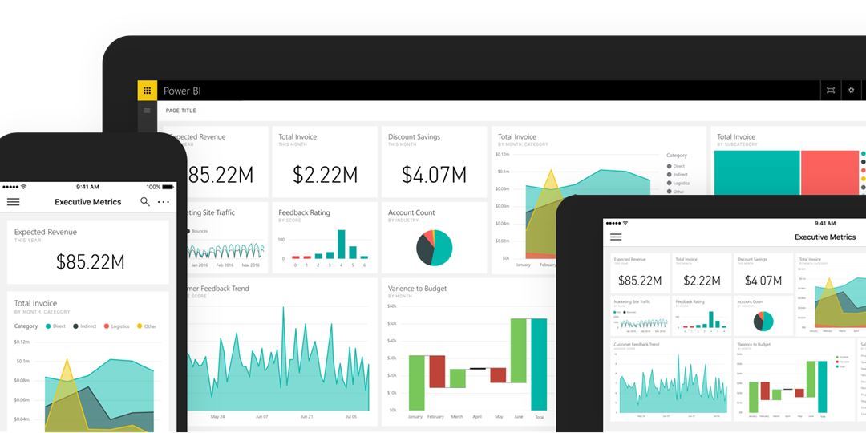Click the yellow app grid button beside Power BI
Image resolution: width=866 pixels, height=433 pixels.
[x=147, y=91]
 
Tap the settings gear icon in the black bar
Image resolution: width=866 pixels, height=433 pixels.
[x=852, y=91]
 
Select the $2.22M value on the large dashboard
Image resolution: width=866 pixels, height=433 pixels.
[x=325, y=175]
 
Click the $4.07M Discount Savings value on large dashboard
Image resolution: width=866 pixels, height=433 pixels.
[x=434, y=175]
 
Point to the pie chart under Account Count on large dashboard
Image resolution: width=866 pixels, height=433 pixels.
[x=434, y=248]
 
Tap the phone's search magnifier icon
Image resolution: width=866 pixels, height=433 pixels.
[x=145, y=202]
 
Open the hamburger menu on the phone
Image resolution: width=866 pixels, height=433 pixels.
[x=13, y=202]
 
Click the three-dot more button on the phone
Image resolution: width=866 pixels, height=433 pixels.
[x=164, y=202]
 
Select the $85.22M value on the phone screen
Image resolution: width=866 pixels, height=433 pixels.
[x=90, y=261]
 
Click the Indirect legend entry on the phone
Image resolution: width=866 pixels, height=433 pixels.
[x=84, y=326]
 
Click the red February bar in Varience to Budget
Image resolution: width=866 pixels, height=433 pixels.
[x=436, y=371]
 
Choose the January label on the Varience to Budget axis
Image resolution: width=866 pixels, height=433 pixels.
[x=415, y=417]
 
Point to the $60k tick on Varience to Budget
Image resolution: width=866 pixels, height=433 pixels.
[x=391, y=306]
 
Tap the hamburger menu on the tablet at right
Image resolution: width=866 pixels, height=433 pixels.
[x=616, y=237]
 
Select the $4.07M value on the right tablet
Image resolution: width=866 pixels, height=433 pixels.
[x=763, y=281]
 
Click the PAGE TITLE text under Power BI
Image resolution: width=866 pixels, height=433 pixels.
[x=180, y=111]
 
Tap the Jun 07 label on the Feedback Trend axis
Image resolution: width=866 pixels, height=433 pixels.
[x=261, y=417]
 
